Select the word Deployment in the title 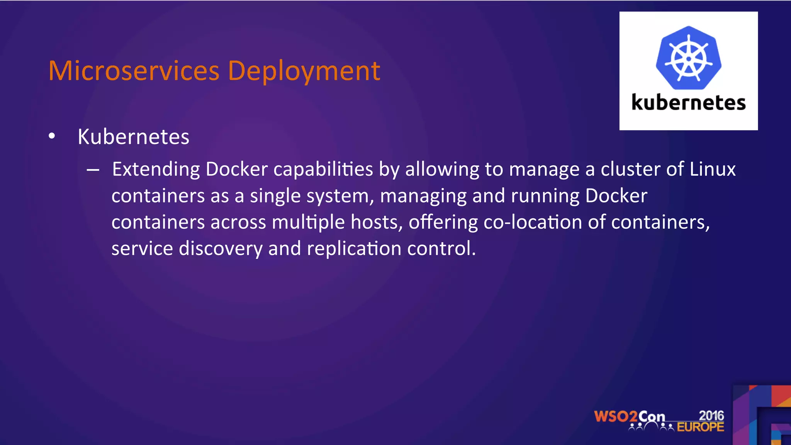click(304, 71)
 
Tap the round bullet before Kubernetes click(52, 136)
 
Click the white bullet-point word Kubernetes click(133, 137)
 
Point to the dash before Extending click(93, 170)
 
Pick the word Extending click(156, 170)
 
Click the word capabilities click(323, 170)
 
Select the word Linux click(713, 169)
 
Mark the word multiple click(308, 222)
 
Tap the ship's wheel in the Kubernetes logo click(689, 58)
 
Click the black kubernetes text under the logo click(688, 103)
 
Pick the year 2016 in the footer click(711, 416)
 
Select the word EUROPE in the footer click(700, 427)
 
